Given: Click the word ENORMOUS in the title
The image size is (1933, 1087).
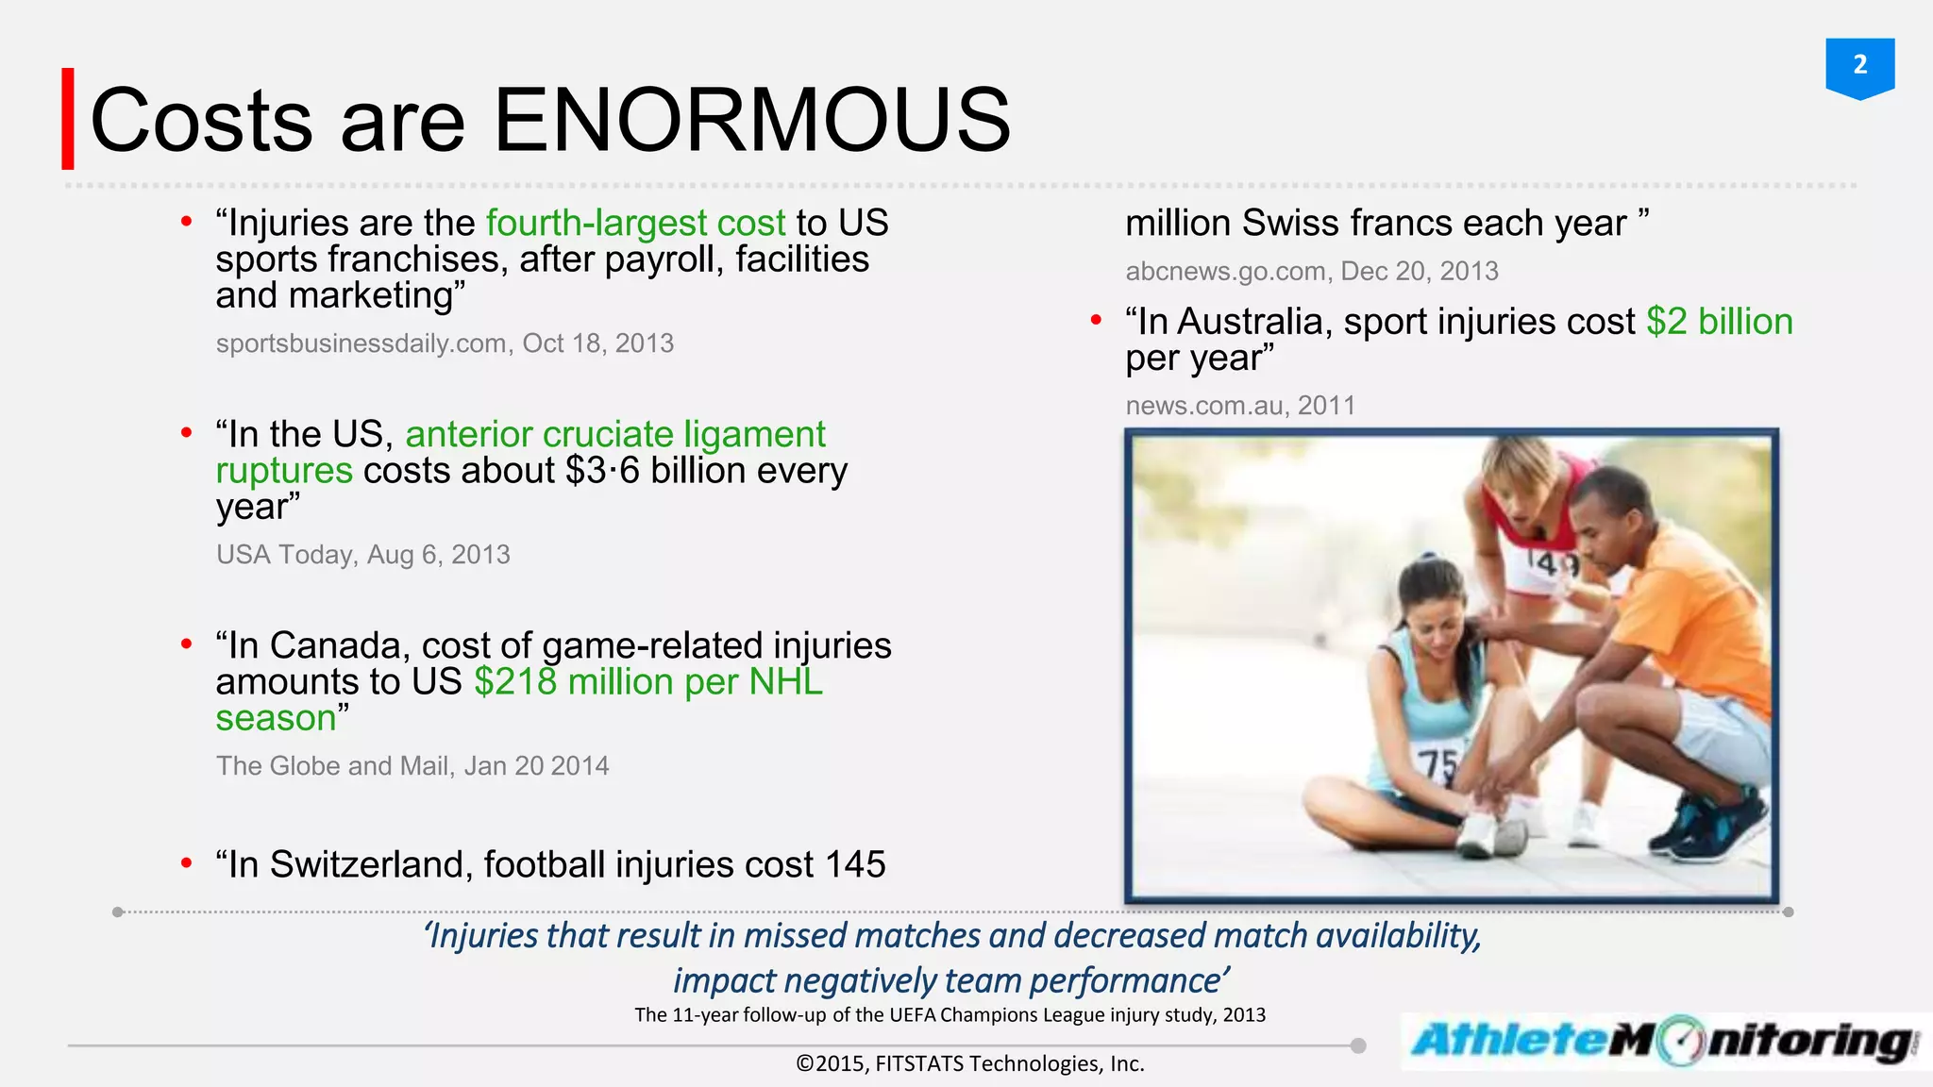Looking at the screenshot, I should (751, 120).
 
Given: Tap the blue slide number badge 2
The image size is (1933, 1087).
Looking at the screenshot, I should (1859, 66).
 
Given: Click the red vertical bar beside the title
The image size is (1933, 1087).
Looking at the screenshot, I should (68, 119).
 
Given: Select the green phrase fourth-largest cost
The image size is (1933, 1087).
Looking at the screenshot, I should (635, 224).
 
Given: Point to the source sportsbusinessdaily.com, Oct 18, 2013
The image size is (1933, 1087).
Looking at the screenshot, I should (445, 343).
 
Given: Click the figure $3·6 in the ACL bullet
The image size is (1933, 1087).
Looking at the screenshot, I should (602, 471).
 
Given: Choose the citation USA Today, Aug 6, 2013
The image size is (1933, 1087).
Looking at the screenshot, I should (362, 555).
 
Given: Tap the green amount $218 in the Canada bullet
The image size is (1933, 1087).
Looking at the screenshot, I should (515, 682).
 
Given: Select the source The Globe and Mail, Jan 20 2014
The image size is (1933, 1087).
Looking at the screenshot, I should (412, 766).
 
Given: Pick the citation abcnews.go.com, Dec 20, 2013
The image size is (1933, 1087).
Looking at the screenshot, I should (1311, 272).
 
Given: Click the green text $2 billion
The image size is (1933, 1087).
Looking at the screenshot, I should (1719, 323).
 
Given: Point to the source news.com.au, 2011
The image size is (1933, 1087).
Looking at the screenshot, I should (1239, 406).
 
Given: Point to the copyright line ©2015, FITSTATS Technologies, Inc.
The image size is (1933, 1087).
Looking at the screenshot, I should (969, 1064).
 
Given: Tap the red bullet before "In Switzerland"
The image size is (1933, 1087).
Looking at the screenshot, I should (187, 863).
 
